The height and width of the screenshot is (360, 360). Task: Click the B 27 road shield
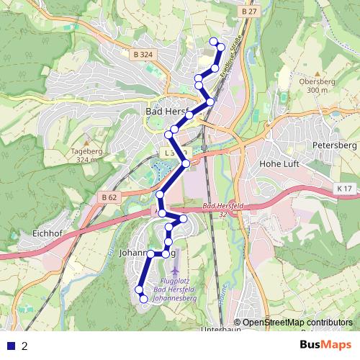tap(249, 12)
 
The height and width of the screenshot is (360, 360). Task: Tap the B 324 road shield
tap(143, 54)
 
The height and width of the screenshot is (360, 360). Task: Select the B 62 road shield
tap(109, 197)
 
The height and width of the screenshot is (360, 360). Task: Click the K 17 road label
tap(345, 189)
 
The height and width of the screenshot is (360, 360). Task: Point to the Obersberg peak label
tap(312, 83)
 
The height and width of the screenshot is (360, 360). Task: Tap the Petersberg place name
tap(336, 145)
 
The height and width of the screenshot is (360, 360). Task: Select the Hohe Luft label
tap(278, 163)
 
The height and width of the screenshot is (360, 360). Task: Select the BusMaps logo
tap(325, 346)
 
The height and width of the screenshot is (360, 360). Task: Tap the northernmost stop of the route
tap(213, 41)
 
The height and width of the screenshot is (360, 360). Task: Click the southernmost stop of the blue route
tap(143, 298)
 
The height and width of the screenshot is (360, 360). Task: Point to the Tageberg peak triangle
tap(85, 143)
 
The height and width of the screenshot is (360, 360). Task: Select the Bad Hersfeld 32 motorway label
tap(219, 210)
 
